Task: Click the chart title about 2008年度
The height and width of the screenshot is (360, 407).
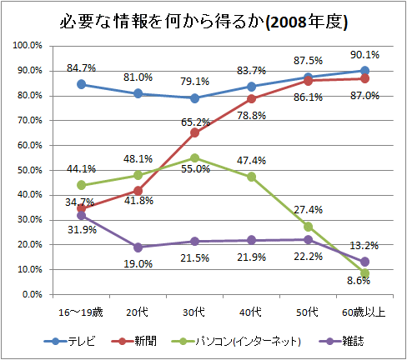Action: tap(203, 21)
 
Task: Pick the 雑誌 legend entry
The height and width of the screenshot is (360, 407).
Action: tap(348, 342)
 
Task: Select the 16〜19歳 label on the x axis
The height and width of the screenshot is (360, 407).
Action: tap(81, 312)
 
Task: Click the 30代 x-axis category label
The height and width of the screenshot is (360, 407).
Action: tap(195, 312)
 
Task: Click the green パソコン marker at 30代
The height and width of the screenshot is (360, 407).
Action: tap(195, 157)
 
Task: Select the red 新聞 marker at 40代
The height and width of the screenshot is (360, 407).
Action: tap(252, 98)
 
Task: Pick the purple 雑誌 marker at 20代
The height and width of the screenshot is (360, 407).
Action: tap(138, 247)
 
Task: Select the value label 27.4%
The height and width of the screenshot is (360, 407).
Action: tap(308, 209)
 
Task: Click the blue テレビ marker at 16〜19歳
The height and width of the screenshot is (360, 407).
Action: tap(81, 84)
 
